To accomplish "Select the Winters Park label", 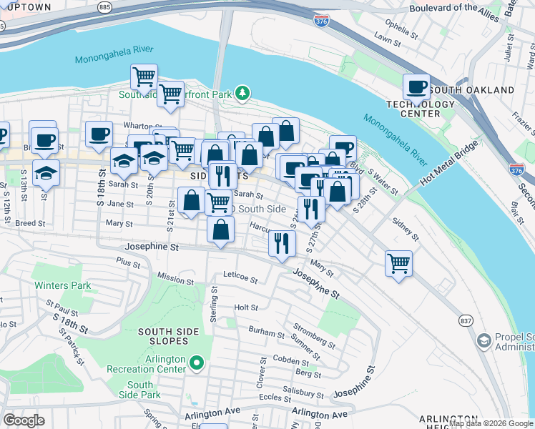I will [x=62, y=285].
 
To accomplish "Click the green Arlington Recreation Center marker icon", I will [x=199, y=365].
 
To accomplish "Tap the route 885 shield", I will [x=105, y=6].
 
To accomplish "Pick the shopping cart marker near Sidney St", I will [x=398, y=262].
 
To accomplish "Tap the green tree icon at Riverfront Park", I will [x=243, y=93].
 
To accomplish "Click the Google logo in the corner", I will [x=24, y=420].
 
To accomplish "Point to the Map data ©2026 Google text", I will [x=491, y=423].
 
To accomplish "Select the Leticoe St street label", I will [x=240, y=275].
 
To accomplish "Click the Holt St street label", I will [x=245, y=307].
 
